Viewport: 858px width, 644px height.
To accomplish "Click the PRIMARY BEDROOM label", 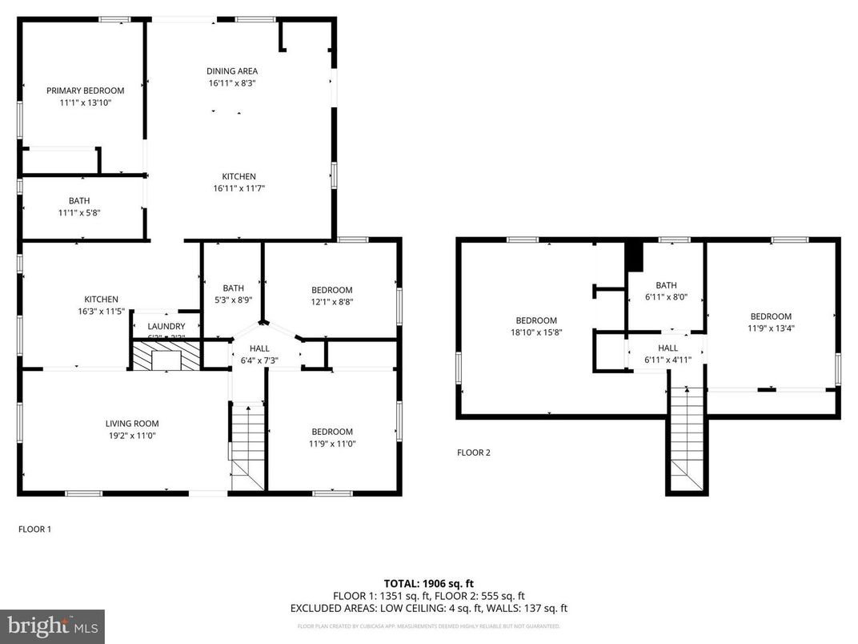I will (x=85, y=91).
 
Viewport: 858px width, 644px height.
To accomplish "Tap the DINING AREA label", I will (x=232, y=71).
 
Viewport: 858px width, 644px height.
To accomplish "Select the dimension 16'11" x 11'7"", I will (x=239, y=188).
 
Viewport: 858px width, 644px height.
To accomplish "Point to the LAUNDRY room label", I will (x=166, y=326).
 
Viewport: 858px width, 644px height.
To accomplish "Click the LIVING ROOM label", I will (x=132, y=424).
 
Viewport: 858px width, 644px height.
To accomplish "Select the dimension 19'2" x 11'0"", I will (x=132, y=436).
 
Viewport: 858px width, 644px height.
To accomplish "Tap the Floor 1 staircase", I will (x=247, y=445).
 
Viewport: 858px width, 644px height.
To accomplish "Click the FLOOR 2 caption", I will (x=473, y=453).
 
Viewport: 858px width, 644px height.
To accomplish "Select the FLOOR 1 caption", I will (x=34, y=529).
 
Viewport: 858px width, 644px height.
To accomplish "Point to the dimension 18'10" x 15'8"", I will (x=535, y=332).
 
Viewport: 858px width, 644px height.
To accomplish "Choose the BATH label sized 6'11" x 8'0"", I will (x=666, y=285).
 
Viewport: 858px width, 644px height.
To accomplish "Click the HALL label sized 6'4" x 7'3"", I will (x=259, y=348).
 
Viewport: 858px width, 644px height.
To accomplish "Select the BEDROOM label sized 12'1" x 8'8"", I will (x=331, y=290).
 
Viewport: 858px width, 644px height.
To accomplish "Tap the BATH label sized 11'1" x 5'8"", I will (x=79, y=201).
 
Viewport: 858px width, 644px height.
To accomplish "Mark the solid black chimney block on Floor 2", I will (x=634, y=256).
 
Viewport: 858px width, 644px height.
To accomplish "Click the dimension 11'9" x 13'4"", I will (x=771, y=328).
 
